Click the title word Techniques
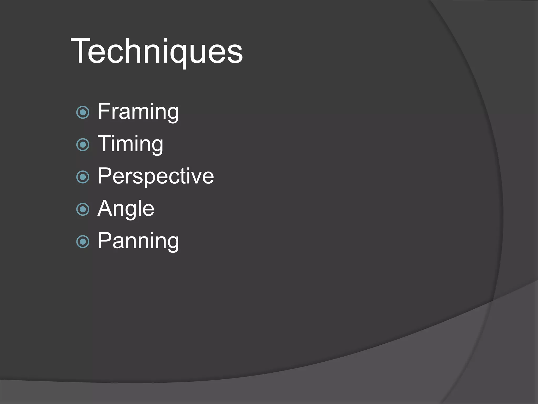tap(157, 51)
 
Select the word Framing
tap(138, 112)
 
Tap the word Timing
tap(130, 144)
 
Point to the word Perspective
tap(156, 176)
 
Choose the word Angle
tap(126, 209)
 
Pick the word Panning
tap(138, 241)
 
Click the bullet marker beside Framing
tap(83, 112)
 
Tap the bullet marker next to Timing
tap(83, 145)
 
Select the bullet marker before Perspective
tap(83, 177)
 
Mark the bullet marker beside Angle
tap(83, 209)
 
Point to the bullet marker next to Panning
tap(83, 242)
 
